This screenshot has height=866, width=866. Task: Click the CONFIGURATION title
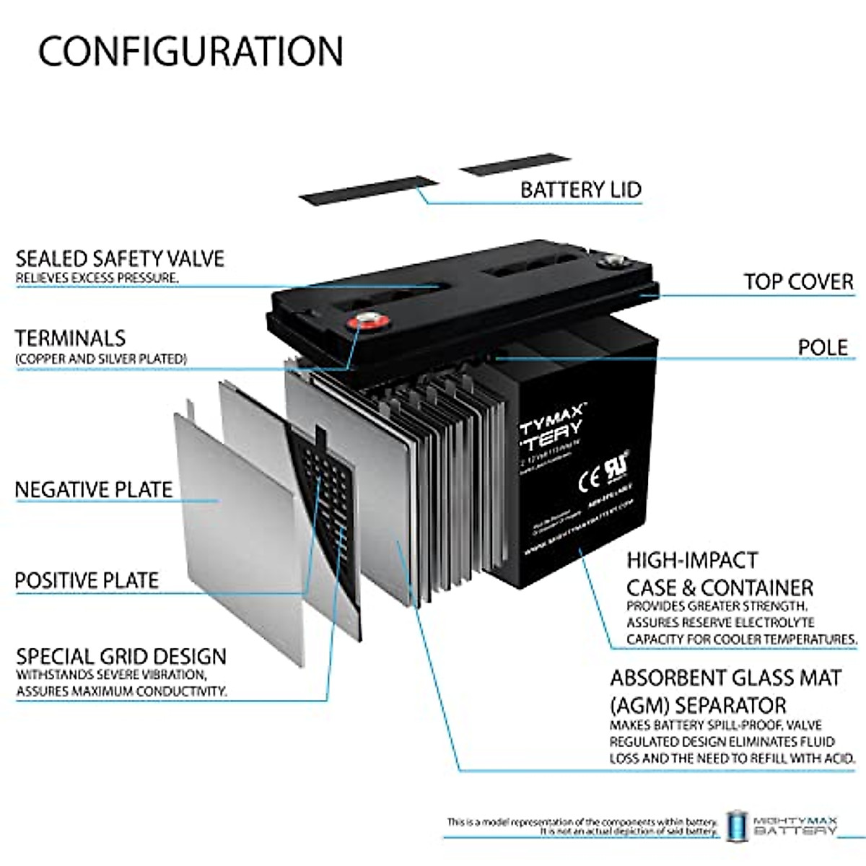191,51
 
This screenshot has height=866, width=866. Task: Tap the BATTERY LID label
580,190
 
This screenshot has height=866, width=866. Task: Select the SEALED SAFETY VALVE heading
120,258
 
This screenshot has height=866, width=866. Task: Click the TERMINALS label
70,338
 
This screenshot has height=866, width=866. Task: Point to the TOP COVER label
798,281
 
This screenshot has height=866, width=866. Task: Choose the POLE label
822,347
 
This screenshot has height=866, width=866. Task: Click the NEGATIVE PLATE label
94,489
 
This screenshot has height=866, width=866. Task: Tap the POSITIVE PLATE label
87,580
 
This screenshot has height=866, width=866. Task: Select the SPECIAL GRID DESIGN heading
121,657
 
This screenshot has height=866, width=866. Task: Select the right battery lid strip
515,165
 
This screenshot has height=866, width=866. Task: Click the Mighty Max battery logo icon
736,825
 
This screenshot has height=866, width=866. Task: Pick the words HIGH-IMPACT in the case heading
682,561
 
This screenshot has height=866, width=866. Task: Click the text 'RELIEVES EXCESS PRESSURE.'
97,278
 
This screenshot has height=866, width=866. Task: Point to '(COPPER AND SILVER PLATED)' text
101,359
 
